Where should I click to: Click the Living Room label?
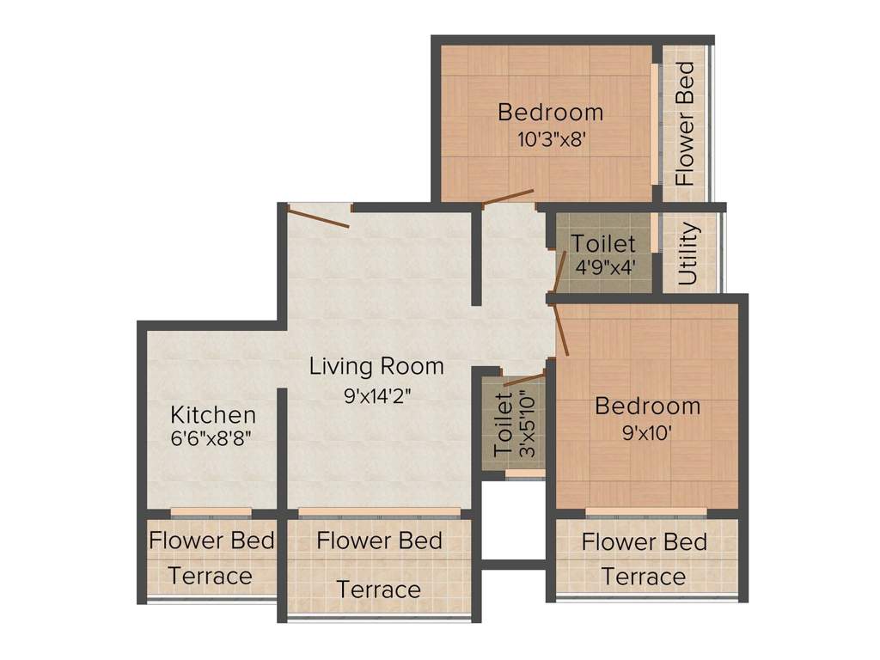(376, 366)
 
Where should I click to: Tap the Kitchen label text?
(213, 415)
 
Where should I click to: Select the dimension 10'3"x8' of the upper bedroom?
(552, 138)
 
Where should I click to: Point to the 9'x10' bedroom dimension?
(647, 433)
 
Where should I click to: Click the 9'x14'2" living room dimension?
(378, 396)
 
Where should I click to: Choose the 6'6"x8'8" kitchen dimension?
(211, 437)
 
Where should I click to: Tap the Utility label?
(688, 254)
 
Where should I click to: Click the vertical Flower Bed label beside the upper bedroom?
(685, 124)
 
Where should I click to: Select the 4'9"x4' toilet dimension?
(605, 266)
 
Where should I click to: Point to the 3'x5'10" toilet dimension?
(529, 424)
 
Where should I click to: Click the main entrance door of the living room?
(318, 217)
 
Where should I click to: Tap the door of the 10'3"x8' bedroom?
(509, 197)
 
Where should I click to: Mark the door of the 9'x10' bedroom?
(561, 330)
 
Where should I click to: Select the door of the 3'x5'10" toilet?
(524, 381)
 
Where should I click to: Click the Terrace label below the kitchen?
(210, 577)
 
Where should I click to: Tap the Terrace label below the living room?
(379, 590)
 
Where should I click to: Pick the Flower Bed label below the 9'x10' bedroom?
(645, 542)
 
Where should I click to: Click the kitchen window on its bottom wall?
(211, 511)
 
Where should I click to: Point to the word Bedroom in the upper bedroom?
(551, 113)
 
